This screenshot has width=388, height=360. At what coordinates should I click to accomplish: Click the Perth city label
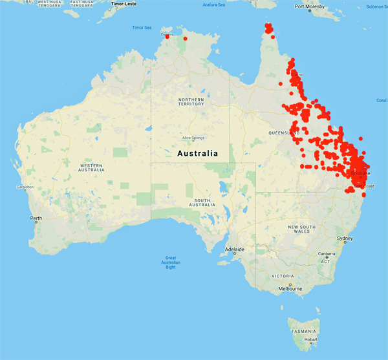coord(36,218)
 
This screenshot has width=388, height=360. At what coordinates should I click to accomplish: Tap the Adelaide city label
coord(234,249)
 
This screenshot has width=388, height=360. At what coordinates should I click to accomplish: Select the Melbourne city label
coord(290,289)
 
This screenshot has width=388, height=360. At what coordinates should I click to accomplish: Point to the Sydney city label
coord(345,238)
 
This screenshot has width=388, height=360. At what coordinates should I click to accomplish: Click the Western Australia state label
coord(91,168)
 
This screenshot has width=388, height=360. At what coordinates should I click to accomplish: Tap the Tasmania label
coord(303,330)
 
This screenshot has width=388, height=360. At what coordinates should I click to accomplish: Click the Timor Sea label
coord(141,28)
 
